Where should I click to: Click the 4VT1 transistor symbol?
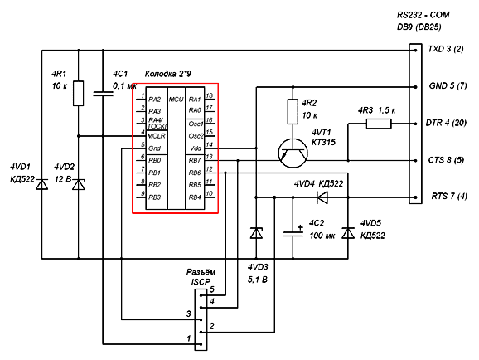[x=293, y=153]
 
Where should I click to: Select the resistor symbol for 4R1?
[x=79, y=93]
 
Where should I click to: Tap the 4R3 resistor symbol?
[x=379, y=124]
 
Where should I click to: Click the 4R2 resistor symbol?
[x=293, y=112]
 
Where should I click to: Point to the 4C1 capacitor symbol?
[x=103, y=93]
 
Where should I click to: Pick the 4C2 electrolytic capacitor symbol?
[x=293, y=233]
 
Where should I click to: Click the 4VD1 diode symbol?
[x=42, y=184]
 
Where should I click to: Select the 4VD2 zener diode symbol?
[x=79, y=184]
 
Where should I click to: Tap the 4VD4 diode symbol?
[x=322, y=197]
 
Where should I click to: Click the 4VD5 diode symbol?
[x=348, y=233]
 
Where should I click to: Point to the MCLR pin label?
[x=157, y=136]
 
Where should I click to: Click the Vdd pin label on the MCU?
[x=196, y=148]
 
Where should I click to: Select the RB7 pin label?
[x=195, y=160]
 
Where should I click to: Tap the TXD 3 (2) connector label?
[x=446, y=49]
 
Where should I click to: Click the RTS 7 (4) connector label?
[x=449, y=196]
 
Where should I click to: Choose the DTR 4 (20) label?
[x=446, y=123]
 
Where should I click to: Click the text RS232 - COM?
[x=423, y=15]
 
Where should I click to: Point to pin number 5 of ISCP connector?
[x=212, y=289]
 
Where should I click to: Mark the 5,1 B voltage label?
[x=258, y=280]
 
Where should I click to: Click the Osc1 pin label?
[x=196, y=124]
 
